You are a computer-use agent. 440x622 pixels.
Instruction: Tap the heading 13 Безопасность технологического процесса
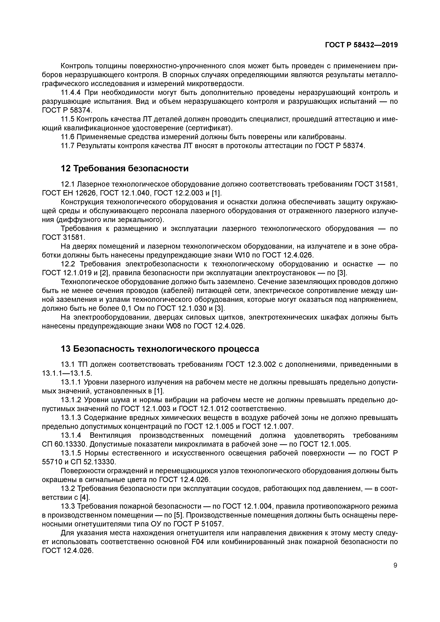(x=160, y=349)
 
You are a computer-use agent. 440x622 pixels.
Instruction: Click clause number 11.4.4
(x=71, y=93)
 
